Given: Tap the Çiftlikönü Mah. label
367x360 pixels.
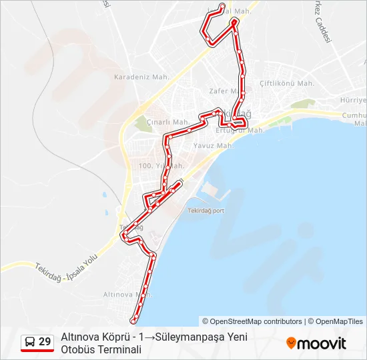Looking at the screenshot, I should click(287, 83).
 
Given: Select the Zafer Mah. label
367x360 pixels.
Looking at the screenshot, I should click(223, 91).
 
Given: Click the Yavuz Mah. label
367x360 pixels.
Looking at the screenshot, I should click(212, 145).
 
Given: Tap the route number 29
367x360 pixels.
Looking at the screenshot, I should click(45, 342).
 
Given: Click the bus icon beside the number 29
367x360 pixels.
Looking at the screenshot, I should click(30, 342).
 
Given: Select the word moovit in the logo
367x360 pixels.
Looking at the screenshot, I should click(322, 343).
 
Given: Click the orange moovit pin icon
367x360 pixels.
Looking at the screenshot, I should click(291, 343).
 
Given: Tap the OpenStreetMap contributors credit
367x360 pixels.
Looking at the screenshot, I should click(252, 321).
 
